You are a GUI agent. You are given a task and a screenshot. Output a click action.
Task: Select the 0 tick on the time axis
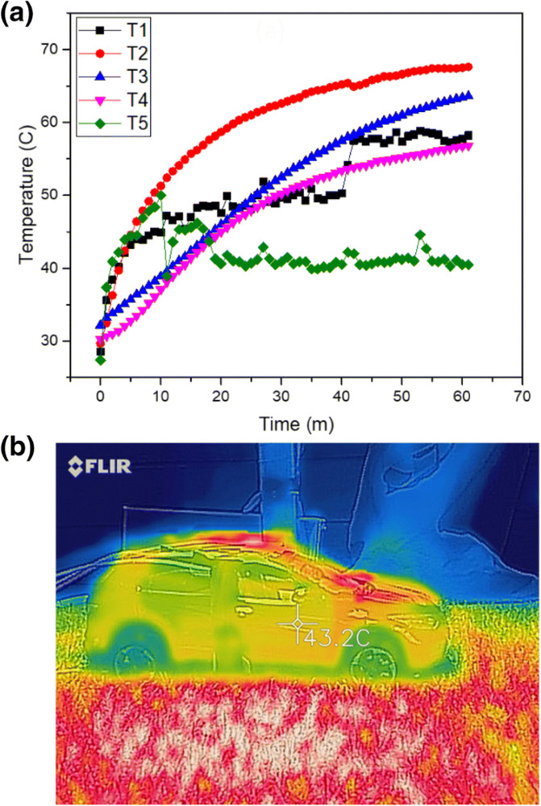coord(100,397)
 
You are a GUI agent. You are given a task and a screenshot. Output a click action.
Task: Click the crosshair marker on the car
coord(297,623)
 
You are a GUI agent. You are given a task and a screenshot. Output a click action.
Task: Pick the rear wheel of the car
coord(134,662)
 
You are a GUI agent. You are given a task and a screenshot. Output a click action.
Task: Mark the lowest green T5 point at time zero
coord(100,360)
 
